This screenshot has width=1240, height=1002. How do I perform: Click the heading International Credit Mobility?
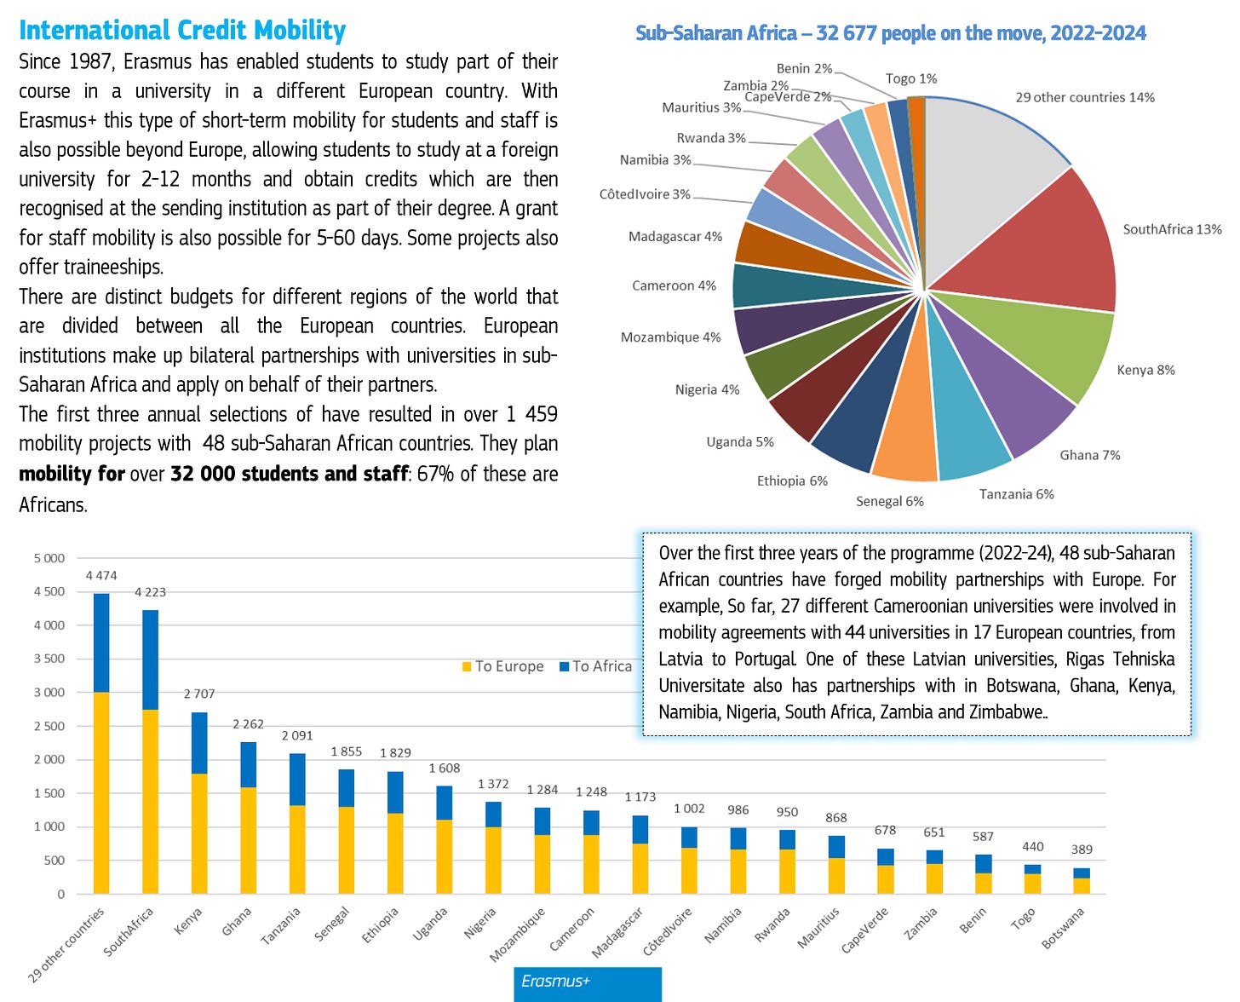coord(182,31)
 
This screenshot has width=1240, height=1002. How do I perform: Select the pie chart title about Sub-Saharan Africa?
coord(891,33)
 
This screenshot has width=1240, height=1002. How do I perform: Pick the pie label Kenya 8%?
coord(1145,370)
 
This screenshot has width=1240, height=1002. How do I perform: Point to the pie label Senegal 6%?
coord(889,501)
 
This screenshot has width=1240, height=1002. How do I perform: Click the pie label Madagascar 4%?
coord(675,236)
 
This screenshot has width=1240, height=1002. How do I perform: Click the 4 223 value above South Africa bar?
coord(150,592)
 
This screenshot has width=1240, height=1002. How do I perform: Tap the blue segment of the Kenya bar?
coord(199,742)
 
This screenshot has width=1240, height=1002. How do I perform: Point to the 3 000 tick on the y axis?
coord(49,693)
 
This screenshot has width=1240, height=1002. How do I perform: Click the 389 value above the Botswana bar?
coord(1082,849)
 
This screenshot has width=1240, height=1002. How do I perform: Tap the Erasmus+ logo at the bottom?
coord(587,982)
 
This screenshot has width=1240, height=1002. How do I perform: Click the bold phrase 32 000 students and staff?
coord(289,474)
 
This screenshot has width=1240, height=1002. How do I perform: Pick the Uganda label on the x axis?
coord(431,924)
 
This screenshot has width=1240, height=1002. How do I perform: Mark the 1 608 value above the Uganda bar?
coord(445,769)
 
